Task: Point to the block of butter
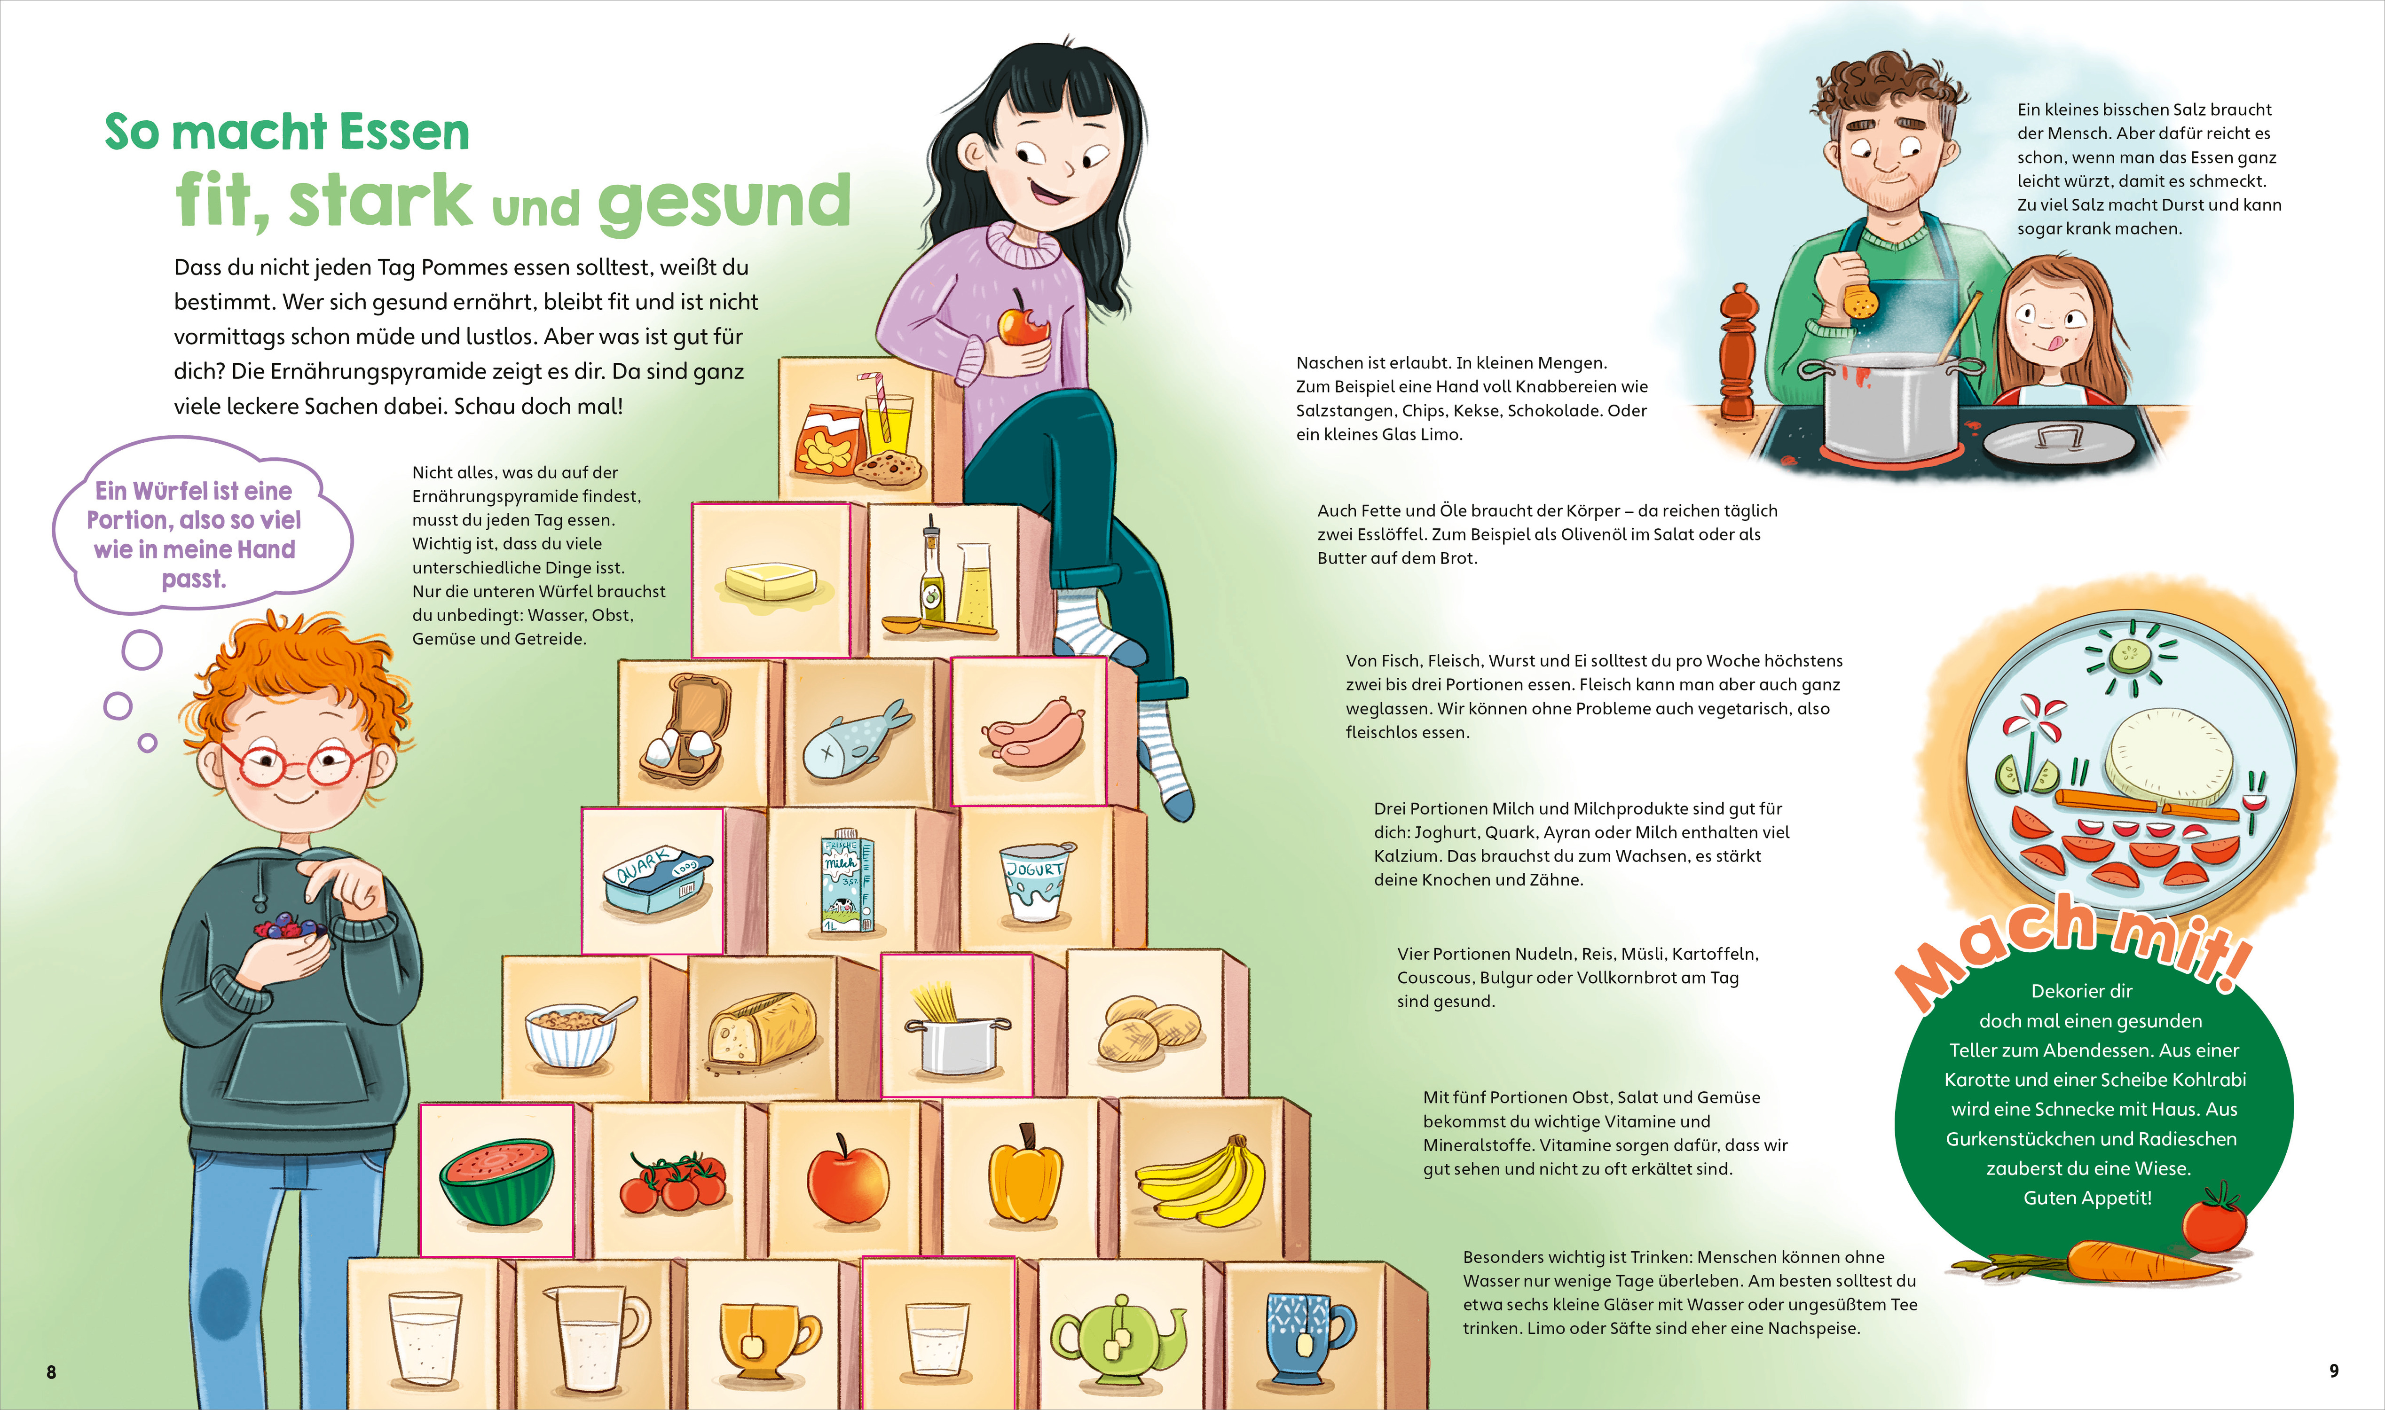coord(771,580)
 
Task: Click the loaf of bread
coord(761,1029)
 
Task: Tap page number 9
coord(2334,1370)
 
